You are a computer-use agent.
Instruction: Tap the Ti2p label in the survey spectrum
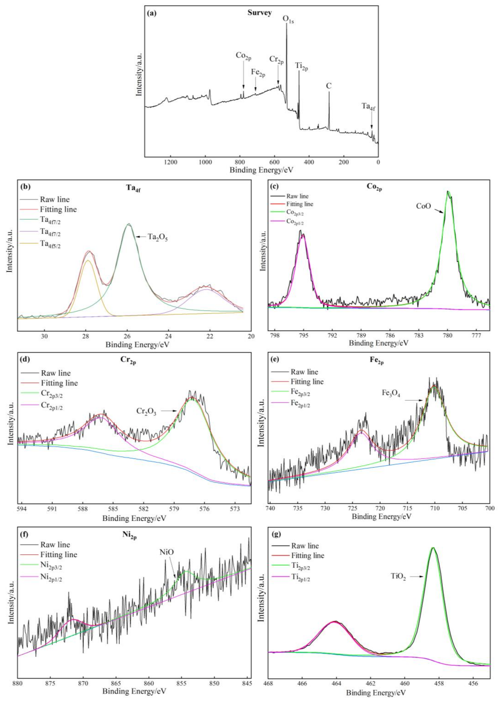coord(302,67)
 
